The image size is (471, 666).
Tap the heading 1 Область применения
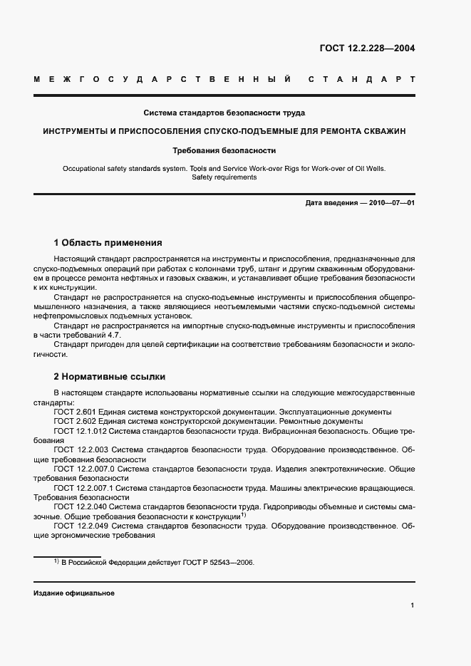pyautogui.click(x=108, y=242)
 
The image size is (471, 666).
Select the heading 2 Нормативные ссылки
pyautogui.click(x=110, y=377)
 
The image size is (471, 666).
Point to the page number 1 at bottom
pyautogui.click(x=413, y=605)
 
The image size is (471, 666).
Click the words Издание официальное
pyautogui.click(x=74, y=593)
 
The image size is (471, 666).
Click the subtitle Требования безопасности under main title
pyautogui.click(x=224, y=150)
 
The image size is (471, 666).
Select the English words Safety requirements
pyautogui.click(x=224, y=177)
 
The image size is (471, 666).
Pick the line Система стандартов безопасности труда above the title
pyautogui.click(x=224, y=113)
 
